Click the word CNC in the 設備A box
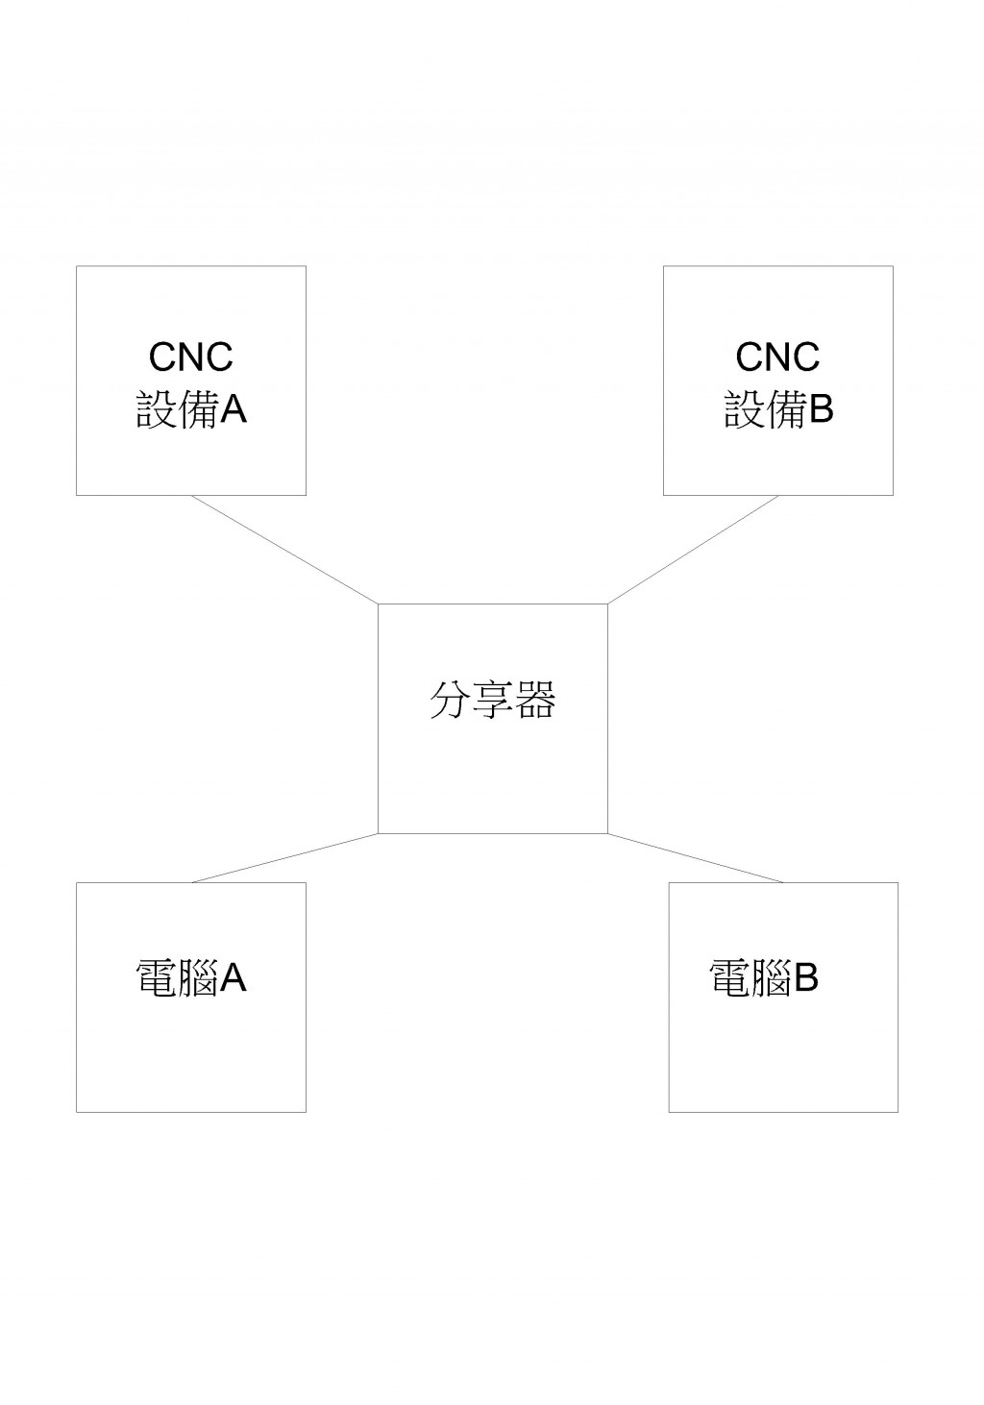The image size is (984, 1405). (190, 357)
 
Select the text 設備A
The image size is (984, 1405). (191, 410)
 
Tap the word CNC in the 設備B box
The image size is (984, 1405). (777, 357)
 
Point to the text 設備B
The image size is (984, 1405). (778, 410)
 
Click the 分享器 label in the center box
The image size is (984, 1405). (492, 700)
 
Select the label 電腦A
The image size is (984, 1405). (191, 977)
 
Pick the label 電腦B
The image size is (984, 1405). (764, 977)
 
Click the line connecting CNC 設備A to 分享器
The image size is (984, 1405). (284, 550)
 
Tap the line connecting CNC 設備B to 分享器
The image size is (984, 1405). (693, 550)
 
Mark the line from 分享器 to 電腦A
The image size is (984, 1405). (284, 858)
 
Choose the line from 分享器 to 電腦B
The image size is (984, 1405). (696, 858)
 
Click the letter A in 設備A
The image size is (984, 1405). (234, 410)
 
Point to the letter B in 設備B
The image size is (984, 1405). (821, 410)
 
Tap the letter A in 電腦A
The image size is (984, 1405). (234, 977)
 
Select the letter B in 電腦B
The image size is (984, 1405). (805, 977)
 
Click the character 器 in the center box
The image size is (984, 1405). (535, 700)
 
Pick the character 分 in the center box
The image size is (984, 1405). (449, 700)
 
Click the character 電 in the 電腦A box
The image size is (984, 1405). (156, 977)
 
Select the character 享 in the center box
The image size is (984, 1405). (492, 700)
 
